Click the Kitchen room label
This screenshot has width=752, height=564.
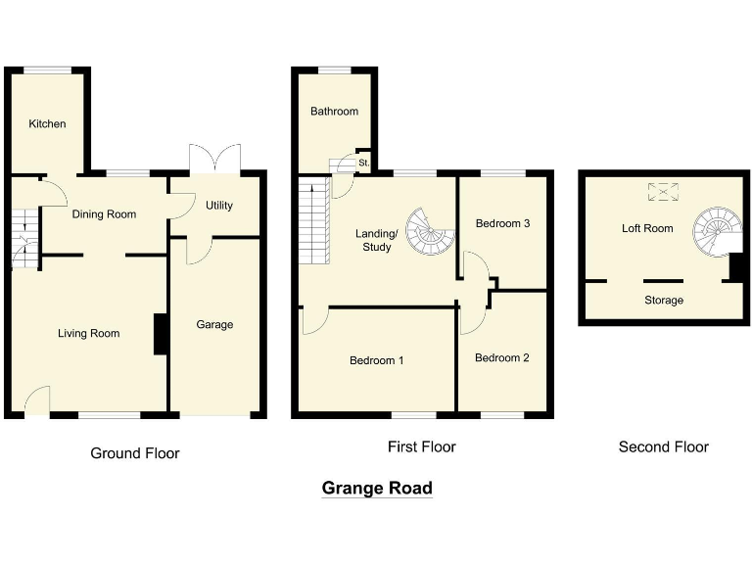click(x=47, y=124)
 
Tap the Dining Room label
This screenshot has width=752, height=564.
click(x=104, y=214)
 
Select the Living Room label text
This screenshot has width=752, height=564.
click(x=88, y=334)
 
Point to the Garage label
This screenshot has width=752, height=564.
click(x=214, y=325)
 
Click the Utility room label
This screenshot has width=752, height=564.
click(x=219, y=206)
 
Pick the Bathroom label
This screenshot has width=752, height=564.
click(x=334, y=112)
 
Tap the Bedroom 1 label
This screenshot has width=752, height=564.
click(x=377, y=361)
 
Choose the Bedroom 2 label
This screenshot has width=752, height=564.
click(x=501, y=358)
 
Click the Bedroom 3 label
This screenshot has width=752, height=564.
click(x=502, y=224)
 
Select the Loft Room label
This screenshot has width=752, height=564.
click(x=647, y=229)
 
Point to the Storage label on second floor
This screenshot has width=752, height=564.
click(x=664, y=301)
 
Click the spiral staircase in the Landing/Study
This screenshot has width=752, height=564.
click(x=432, y=231)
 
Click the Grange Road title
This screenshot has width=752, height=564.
click(x=377, y=489)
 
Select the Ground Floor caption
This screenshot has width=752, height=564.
click(x=135, y=453)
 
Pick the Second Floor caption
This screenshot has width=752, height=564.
click(x=663, y=447)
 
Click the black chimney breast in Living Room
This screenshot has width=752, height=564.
click(x=161, y=334)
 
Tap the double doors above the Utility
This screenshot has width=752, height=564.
click(x=214, y=160)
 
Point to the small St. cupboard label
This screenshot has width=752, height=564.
click(x=363, y=162)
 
